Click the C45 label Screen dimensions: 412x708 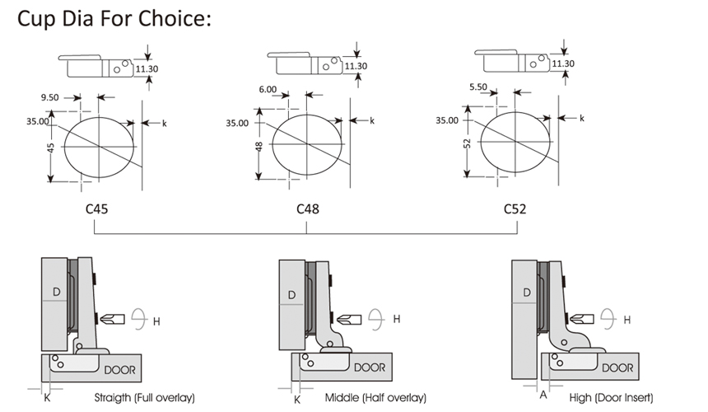click(98, 208)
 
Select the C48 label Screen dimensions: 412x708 click(307, 208)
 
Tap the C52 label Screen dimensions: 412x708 click(515, 208)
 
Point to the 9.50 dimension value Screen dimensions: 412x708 click(49, 96)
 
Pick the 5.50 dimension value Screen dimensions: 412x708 click(479, 86)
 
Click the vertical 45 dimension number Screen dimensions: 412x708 click(51, 149)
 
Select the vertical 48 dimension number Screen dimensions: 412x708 click(259, 148)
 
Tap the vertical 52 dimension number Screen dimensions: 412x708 click(466, 143)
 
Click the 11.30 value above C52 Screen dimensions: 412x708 click(563, 63)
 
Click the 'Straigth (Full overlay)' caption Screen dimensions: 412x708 click(144, 398)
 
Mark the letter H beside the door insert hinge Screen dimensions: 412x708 click(626, 319)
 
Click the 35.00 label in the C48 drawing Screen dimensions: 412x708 click(237, 123)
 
